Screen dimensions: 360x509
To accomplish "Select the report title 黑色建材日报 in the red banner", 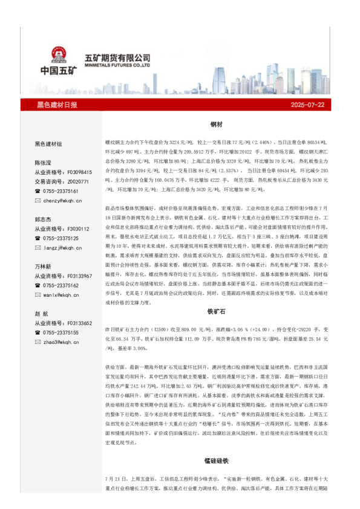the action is tap(57, 105).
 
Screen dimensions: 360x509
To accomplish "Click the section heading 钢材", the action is tap(217, 124).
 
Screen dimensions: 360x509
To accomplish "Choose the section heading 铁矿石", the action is tap(217, 311).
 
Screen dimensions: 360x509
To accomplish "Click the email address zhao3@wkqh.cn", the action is tap(62, 342).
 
